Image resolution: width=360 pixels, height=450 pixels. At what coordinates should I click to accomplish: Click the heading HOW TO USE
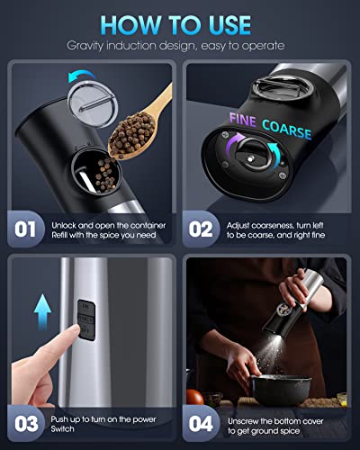[x=180, y=21]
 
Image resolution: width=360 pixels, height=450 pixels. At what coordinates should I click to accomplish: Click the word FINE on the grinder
[x=247, y=119]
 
